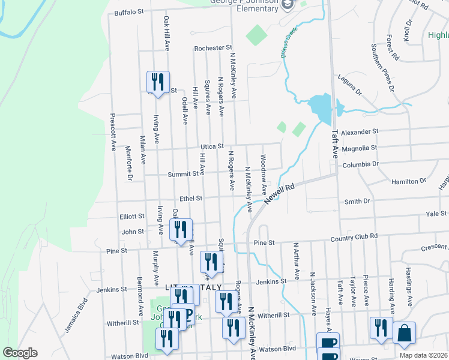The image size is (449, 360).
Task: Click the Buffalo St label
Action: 129,11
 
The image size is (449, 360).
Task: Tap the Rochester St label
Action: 212,47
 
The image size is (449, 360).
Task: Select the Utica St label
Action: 212,146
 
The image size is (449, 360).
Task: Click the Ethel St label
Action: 191,198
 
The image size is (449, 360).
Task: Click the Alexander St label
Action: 361,131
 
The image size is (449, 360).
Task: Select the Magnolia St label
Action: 358,148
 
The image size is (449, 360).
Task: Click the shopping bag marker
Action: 404,333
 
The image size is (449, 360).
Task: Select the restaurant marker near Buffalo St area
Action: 158,82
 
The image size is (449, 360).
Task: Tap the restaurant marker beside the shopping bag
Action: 381,328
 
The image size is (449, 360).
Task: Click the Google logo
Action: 20,353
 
